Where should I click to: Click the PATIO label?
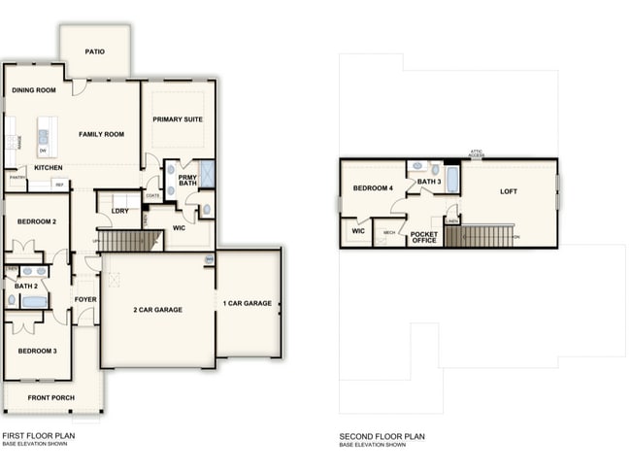94,51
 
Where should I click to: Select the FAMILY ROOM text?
102,134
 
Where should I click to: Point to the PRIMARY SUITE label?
178,119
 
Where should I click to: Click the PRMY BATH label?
187,180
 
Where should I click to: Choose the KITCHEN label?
49,168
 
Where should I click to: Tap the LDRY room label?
120,211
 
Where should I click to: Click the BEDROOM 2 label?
37,222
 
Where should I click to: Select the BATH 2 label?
25,287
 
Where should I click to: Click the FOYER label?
85,299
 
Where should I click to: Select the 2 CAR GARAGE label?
157,310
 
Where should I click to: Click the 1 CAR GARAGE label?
248,304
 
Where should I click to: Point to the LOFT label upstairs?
509,191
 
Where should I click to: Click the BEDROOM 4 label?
373,187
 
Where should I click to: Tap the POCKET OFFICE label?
424,238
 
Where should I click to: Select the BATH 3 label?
429,182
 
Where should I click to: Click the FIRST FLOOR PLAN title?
38,436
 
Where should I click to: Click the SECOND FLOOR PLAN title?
382,437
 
